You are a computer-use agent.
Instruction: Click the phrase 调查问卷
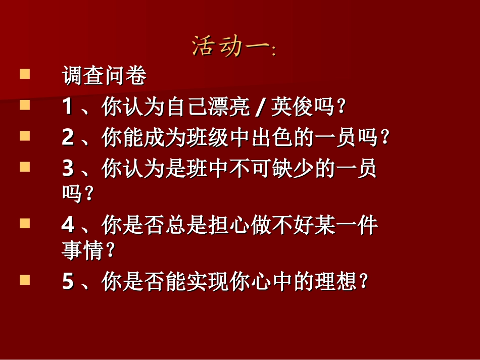(104, 76)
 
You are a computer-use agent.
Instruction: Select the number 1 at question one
(68, 108)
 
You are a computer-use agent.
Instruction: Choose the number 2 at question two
(68, 138)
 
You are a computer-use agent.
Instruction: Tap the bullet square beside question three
(25, 167)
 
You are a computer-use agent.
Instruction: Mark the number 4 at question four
(68, 225)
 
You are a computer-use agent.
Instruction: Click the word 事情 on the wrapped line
(83, 250)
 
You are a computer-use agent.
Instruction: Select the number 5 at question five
(68, 282)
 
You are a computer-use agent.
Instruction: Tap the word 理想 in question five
(334, 282)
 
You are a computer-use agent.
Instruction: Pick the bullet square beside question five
(25, 280)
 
